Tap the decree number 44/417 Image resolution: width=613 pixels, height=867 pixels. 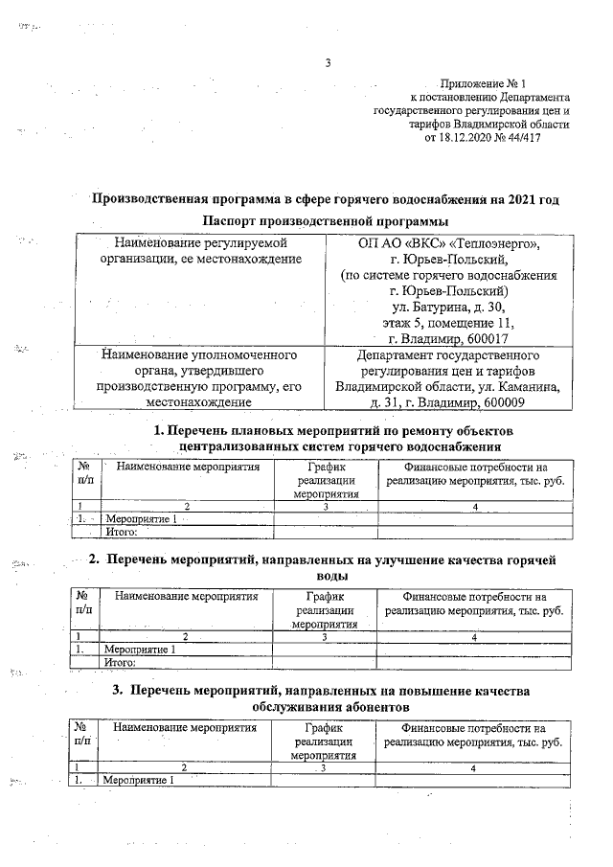click(548, 137)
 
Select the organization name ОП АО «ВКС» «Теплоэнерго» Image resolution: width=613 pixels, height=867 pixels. click(449, 243)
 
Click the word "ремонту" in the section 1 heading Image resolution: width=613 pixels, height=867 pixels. click(410, 431)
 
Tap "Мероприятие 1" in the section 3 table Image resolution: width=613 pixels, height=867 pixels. click(139, 779)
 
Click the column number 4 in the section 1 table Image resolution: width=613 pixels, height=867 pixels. click(475, 505)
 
